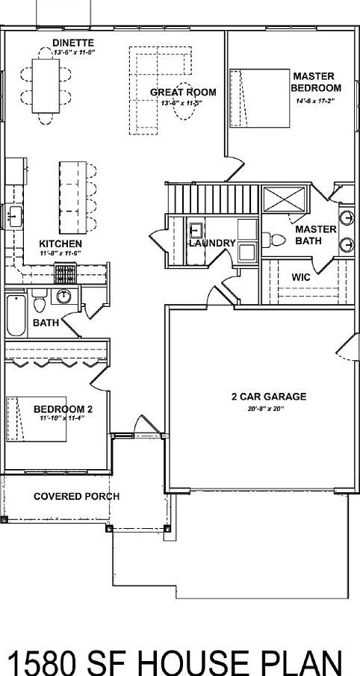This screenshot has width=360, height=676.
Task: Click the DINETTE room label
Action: click(73, 43)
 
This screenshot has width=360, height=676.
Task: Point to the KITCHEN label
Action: click(60, 244)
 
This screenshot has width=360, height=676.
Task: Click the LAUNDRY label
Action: click(212, 244)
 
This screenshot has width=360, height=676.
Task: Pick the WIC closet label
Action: click(301, 276)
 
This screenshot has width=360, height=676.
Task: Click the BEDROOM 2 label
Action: click(63, 409)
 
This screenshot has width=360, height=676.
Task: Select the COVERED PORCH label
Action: click(76, 497)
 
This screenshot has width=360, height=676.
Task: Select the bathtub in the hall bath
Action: click(15, 315)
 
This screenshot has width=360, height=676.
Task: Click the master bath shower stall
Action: click(285, 199)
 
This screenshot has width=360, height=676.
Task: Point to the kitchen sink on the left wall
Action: click(14, 217)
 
